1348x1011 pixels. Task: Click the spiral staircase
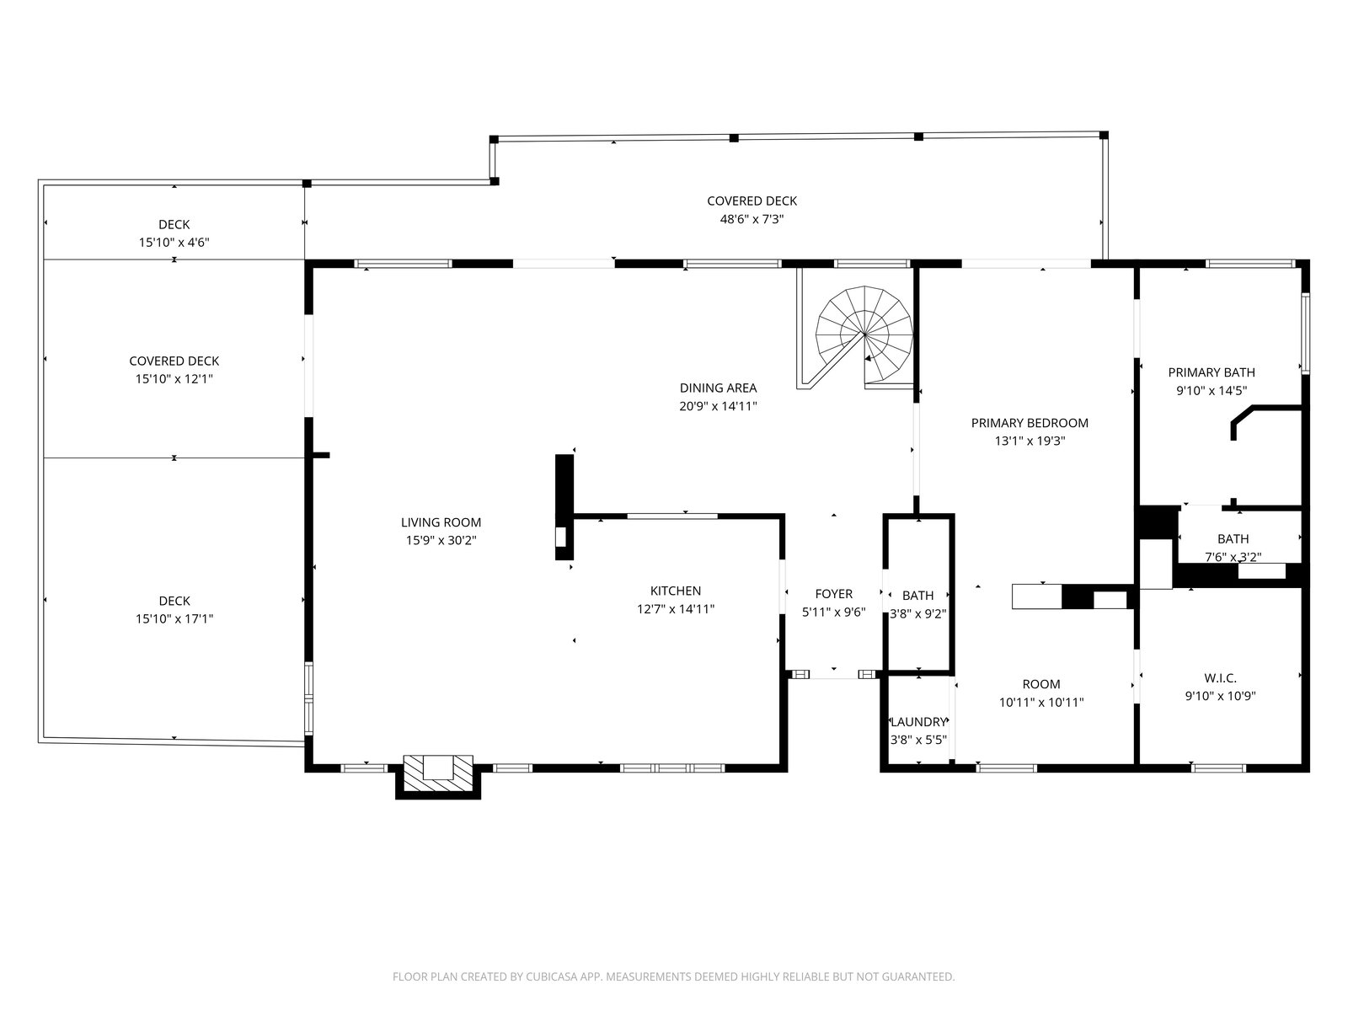click(864, 335)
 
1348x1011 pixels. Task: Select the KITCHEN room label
click(675, 591)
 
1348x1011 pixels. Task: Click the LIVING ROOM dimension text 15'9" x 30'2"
click(441, 540)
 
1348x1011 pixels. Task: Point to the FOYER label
click(833, 594)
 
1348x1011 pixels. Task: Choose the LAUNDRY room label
click(918, 722)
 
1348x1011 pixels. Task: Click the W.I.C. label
click(1220, 677)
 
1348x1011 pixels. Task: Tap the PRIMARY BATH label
click(1211, 372)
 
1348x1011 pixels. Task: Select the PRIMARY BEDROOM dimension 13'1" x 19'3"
click(1030, 440)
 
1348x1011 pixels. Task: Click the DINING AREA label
click(718, 388)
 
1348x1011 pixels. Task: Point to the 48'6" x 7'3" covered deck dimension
click(752, 218)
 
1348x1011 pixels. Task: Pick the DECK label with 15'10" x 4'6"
click(174, 225)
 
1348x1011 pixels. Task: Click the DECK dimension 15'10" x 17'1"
click(174, 618)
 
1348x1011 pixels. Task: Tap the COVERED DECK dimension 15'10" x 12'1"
click(174, 379)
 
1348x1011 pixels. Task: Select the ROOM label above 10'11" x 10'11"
click(1041, 684)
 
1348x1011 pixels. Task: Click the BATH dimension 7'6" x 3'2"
click(1233, 557)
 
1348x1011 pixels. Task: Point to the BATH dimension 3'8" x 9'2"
click(918, 613)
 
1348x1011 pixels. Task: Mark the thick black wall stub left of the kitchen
click(564, 507)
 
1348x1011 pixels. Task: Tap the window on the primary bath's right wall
click(1305, 334)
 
